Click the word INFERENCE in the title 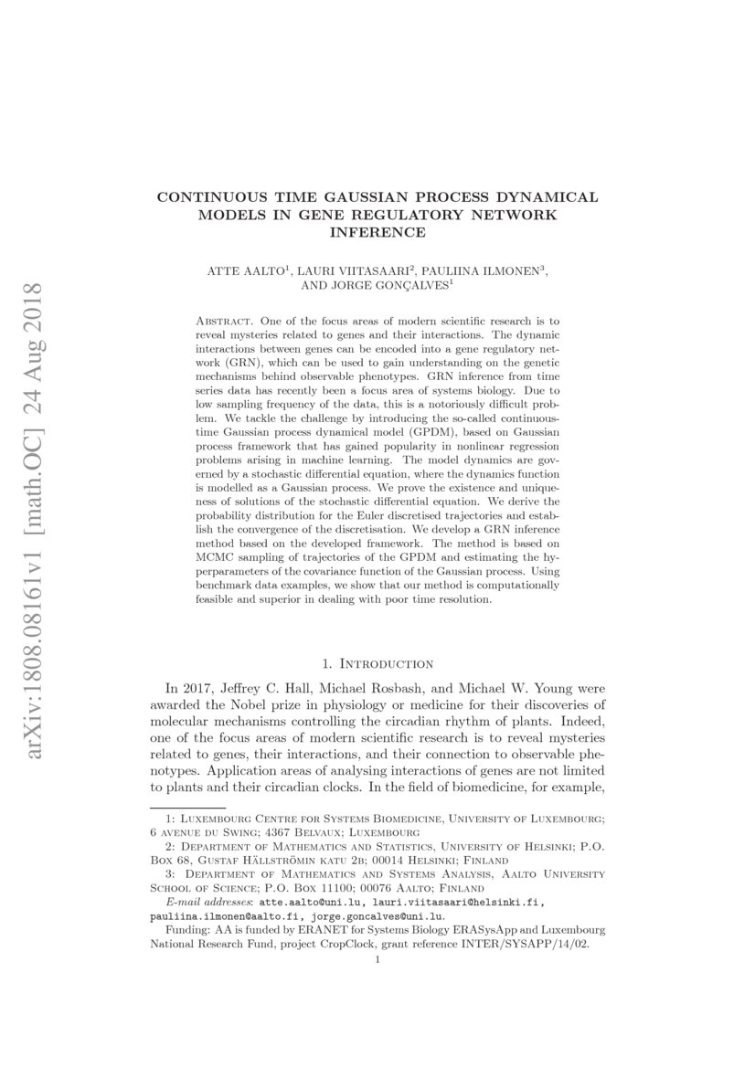coord(377,232)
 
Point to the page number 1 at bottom coord(377,959)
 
